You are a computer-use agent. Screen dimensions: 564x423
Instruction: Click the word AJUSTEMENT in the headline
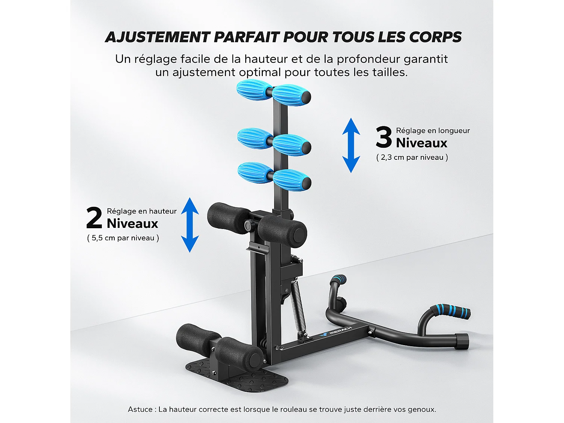point(158,37)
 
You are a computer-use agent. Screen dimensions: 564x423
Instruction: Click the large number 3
point(384,137)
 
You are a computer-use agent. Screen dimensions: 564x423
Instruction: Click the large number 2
point(94,218)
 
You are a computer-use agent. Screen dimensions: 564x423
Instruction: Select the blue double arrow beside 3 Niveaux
point(351,145)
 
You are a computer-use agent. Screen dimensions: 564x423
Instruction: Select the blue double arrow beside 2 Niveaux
point(190,225)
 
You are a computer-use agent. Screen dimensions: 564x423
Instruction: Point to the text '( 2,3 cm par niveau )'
point(412,157)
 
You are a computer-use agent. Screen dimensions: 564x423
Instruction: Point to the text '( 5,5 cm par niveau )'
point(123,238)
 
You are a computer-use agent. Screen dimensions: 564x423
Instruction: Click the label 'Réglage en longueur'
point(433,131)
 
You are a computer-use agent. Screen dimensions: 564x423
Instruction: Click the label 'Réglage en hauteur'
point(142,211)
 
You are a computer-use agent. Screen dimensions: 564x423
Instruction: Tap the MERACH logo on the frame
point(336,332)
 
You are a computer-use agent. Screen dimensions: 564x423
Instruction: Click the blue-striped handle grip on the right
point(451,311)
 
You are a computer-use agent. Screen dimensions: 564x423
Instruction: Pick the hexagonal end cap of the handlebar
point(462,341)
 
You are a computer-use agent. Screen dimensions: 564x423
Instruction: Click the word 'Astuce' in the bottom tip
point(140,409)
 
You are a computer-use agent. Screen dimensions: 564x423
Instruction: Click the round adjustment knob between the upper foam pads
point(249,225)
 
